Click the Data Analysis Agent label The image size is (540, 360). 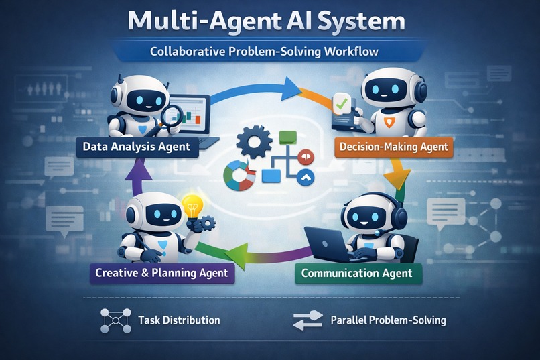[x=137, y=146]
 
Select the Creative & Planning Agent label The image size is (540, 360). [x=161, y=272]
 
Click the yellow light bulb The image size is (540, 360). [x=192, y=204]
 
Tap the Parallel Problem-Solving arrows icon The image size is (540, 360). [x=308, y=320]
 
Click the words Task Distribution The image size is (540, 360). [x=179, y=320]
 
